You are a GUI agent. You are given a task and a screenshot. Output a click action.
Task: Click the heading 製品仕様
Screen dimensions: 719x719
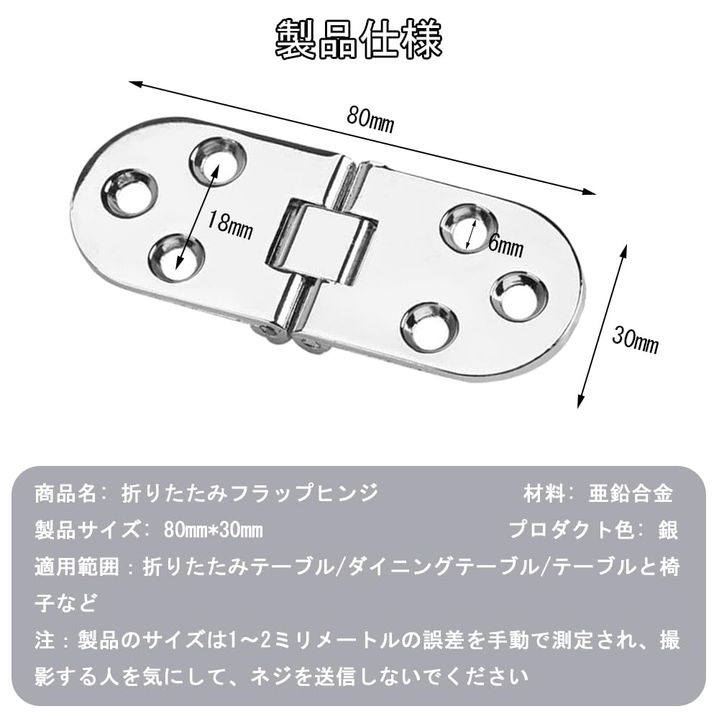359,40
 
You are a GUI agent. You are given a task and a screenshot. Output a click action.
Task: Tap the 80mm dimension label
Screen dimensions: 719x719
370,119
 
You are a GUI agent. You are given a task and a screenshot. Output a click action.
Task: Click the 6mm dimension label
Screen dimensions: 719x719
505,246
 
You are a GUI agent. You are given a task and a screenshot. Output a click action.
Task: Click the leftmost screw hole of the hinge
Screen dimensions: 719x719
131,193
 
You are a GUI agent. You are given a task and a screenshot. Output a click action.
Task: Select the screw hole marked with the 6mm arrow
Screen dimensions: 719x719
467,229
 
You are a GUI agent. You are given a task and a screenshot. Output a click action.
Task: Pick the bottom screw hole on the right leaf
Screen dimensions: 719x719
429,327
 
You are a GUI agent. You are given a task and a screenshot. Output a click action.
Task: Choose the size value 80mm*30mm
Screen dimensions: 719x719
203,531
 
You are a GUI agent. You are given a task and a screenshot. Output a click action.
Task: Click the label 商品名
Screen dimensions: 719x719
64,495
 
